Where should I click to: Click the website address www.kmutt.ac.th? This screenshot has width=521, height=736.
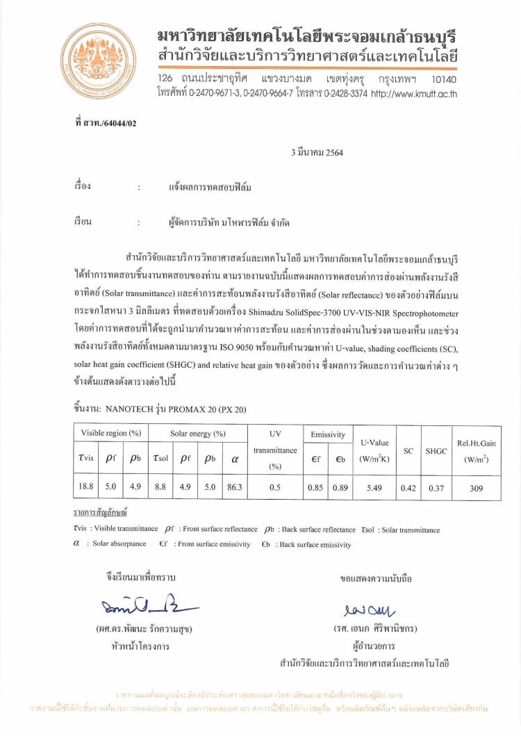click(414, 94)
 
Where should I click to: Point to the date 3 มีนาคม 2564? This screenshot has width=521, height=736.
click(317, 153)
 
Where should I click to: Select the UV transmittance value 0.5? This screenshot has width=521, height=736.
click(274, 487)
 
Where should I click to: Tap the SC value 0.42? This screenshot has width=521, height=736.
click(408, 487)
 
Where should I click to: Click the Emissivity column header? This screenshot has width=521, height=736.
click(328, 434)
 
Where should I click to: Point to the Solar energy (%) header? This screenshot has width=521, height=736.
click(198, 434)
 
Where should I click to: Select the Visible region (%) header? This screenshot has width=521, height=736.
click(111, 434)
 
